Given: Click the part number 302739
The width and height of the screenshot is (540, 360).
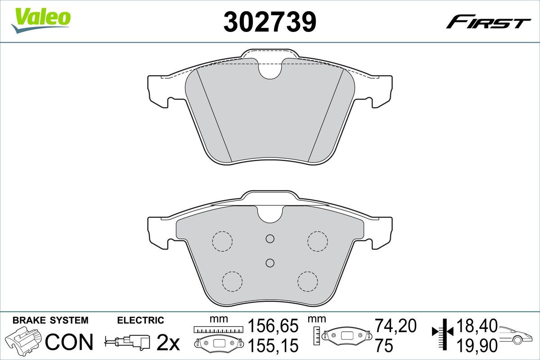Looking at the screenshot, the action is coord(270,22).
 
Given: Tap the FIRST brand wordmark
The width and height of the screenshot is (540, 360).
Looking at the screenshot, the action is coord(488,25).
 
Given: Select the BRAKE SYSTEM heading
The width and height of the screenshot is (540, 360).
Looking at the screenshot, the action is coord(50,320).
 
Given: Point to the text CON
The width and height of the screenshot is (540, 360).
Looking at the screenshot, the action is coord(69,342).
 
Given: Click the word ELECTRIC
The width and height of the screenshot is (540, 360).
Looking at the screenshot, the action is coord(140,320).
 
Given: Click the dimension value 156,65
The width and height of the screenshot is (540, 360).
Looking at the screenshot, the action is coord(273,326).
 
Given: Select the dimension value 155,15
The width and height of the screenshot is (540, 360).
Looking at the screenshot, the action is coord(273,346).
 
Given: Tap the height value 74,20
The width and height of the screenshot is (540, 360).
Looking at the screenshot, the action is coord(396,326).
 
